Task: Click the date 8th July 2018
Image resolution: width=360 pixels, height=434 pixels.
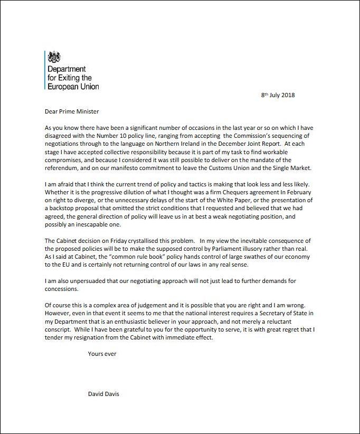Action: tap(278, 95)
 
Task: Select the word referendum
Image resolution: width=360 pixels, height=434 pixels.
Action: tap(62, 169)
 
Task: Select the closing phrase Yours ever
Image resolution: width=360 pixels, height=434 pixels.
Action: tap(102, 354)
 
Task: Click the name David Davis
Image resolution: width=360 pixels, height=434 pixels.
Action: tap(103, 394)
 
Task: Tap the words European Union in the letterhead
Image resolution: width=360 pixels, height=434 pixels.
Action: tap(73, 86)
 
